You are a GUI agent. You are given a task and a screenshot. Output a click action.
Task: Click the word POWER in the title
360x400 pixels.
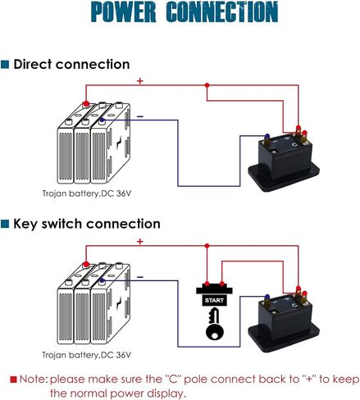point(123,11)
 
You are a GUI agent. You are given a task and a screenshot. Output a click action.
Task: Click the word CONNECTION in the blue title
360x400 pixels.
point(222,11)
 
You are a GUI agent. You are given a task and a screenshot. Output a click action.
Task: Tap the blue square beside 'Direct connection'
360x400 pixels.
point(5,65)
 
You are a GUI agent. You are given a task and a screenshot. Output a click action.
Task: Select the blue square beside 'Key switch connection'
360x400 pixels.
point(5,224)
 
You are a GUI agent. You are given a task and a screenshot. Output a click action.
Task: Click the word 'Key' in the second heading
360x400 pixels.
point(25,224)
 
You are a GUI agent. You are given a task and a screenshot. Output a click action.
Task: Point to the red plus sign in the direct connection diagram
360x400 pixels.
point(140,81)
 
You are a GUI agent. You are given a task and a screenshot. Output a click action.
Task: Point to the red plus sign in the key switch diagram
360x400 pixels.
point(140,242)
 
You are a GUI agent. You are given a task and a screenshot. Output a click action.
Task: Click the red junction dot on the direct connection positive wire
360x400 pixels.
point(207,85)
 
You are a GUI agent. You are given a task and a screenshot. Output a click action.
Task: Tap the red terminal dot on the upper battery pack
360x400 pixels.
point(86,104)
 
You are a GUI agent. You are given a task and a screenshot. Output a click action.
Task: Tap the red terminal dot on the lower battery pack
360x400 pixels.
point(86,264)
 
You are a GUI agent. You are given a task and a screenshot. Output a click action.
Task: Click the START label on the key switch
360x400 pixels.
point(214,301)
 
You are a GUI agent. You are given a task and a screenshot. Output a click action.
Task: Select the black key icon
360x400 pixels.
point(214,324)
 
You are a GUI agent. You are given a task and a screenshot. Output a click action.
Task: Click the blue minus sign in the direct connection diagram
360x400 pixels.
point(140,117)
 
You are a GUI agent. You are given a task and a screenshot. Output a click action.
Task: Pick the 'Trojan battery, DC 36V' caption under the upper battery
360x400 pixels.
point(87,193)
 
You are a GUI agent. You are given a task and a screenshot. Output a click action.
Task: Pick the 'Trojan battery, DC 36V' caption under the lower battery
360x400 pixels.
point(87,355)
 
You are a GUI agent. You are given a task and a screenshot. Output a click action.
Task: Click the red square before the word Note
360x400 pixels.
point(13,380)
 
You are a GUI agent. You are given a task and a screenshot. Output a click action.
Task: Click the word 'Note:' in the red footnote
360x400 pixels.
point(34,380)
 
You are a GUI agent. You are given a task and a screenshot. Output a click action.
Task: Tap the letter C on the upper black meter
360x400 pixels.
point(294,145)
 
